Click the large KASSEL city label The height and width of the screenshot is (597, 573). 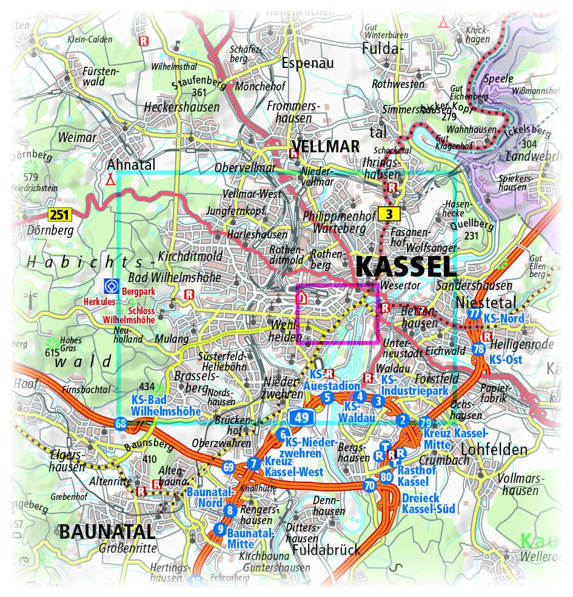(x=405, y=267)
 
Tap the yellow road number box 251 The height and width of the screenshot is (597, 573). (x=60, y=214)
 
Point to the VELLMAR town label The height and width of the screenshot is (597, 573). (x=325, y=146)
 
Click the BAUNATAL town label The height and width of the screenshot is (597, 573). (x=107, y=531)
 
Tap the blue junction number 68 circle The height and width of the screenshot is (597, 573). (x=121, y=423)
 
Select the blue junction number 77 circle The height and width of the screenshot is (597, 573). (x=474, y=314)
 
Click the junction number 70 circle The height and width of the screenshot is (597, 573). (x=369, y=485)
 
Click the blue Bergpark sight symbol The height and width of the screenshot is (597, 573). (x=110, y=285)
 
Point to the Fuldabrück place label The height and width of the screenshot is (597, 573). (x=326, y=550)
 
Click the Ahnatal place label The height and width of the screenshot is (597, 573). (x=131, y=165)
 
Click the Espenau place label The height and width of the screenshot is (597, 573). (x=308, y=62)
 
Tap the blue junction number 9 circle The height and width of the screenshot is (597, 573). (x=219, y=529)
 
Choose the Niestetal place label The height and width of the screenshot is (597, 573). (x=486, y=302)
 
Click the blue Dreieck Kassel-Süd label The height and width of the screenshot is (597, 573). (x=428, y=504)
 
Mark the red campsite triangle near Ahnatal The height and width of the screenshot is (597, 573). (x=110, y=180)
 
